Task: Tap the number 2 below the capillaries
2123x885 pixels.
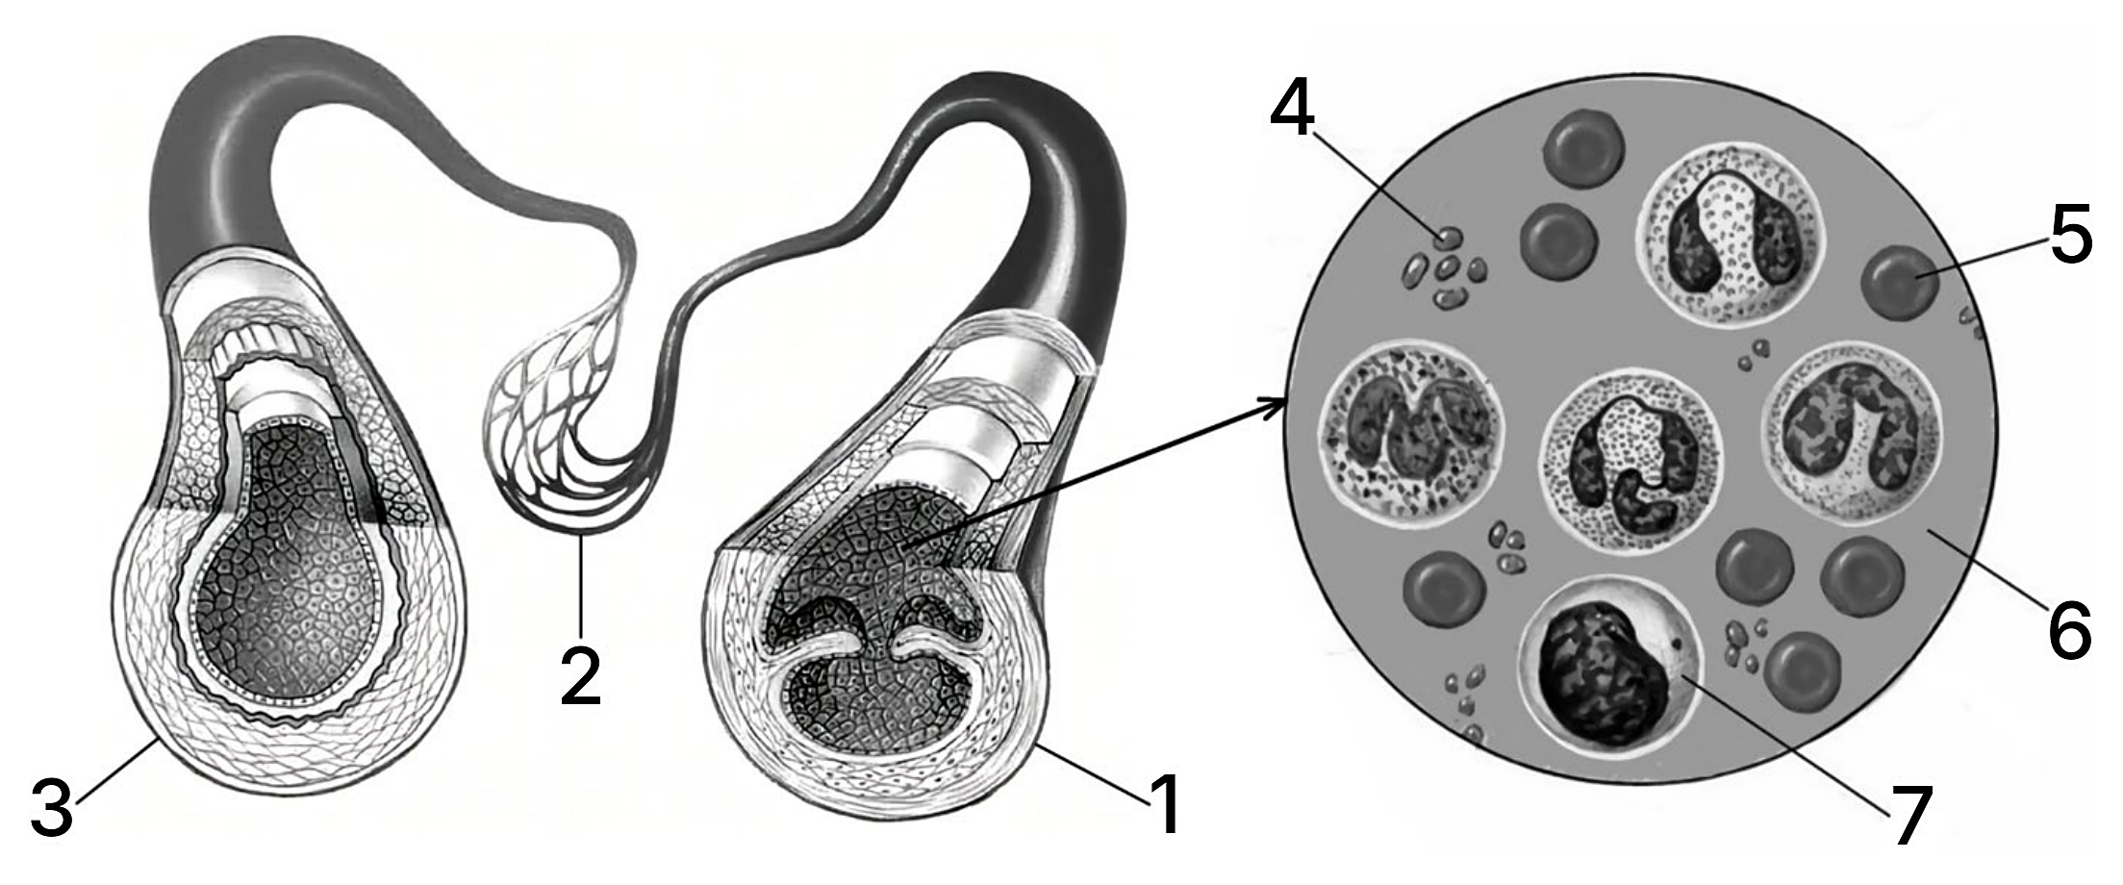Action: tap(581, 676)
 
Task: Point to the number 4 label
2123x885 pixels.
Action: tap(1292, 99)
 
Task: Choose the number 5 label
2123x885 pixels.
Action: tap(2071, 234)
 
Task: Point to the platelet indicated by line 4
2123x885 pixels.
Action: tap(1441, 236)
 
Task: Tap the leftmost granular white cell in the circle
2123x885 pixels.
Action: tap(1410, 434)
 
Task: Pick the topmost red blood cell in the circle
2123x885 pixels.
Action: tap(1583, 149)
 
